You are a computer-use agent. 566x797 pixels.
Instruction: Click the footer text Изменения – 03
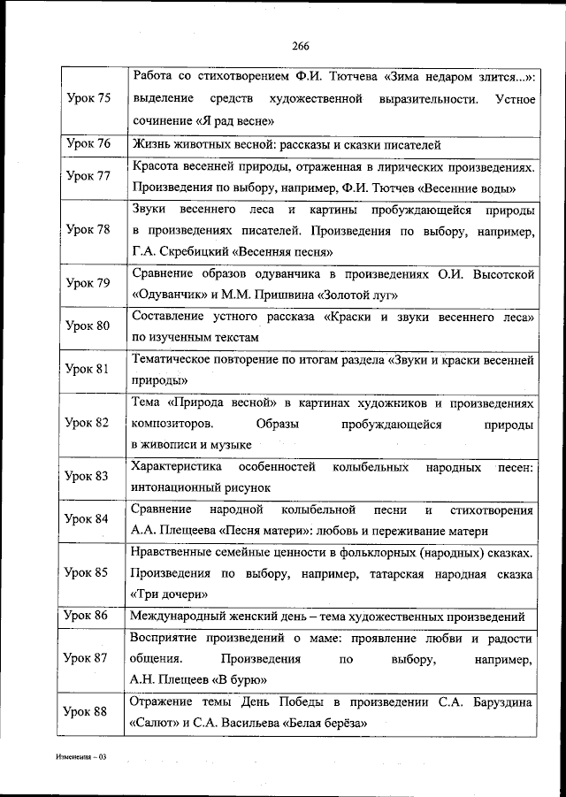click(x=80, y=758)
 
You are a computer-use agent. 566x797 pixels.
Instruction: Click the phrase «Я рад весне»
click(x=233, y=120)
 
